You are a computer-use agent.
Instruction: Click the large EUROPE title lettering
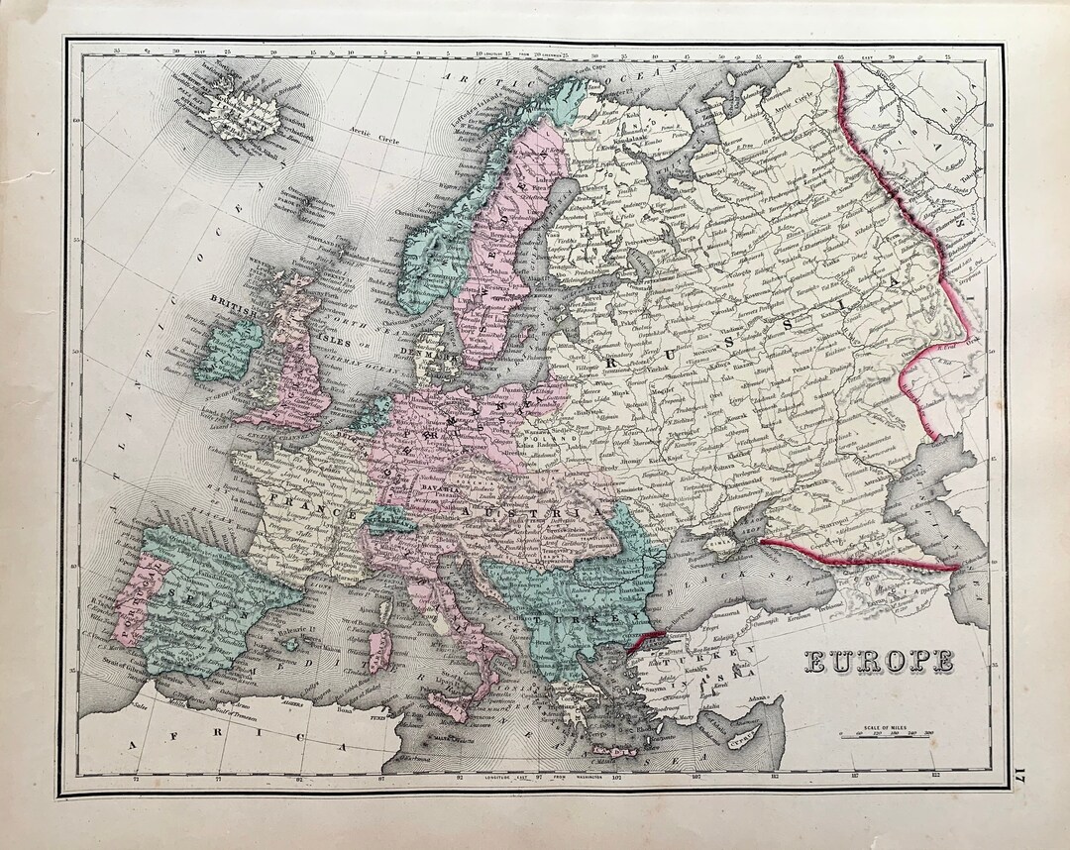[x=878, y=661]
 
